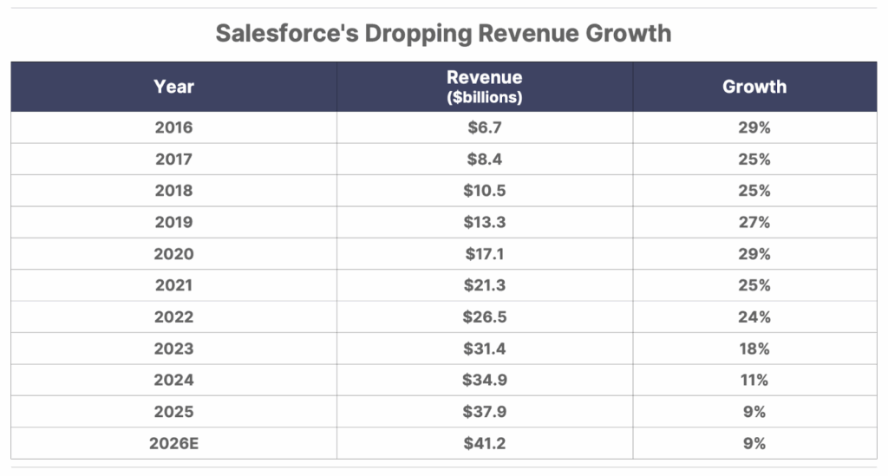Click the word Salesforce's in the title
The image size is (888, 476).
coord(287,34)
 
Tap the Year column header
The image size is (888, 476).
coord(173,87)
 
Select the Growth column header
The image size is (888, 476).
coord(754,87)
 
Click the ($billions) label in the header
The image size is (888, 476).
coord(485,97)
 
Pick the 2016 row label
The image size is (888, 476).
coord(173,127)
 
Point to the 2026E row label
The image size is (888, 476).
coord(173,443)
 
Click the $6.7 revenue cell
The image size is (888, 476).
coord(485,127)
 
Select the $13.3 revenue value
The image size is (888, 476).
coord(485,222)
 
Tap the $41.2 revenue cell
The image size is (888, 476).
coord(485,443)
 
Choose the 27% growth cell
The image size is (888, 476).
coord(754,222)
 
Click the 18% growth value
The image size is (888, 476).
coord(754,349)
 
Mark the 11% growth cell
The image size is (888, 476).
coord(754,380)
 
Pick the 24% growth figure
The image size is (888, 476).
coord(754,316)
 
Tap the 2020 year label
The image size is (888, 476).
coord(173,254)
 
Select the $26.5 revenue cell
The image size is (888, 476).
coord(485,316)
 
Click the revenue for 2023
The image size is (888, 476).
coord(485,349)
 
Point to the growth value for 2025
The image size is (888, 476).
coord(754,412)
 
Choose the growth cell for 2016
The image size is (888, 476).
coord(754,127)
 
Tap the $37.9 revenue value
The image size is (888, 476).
coord(485,412)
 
